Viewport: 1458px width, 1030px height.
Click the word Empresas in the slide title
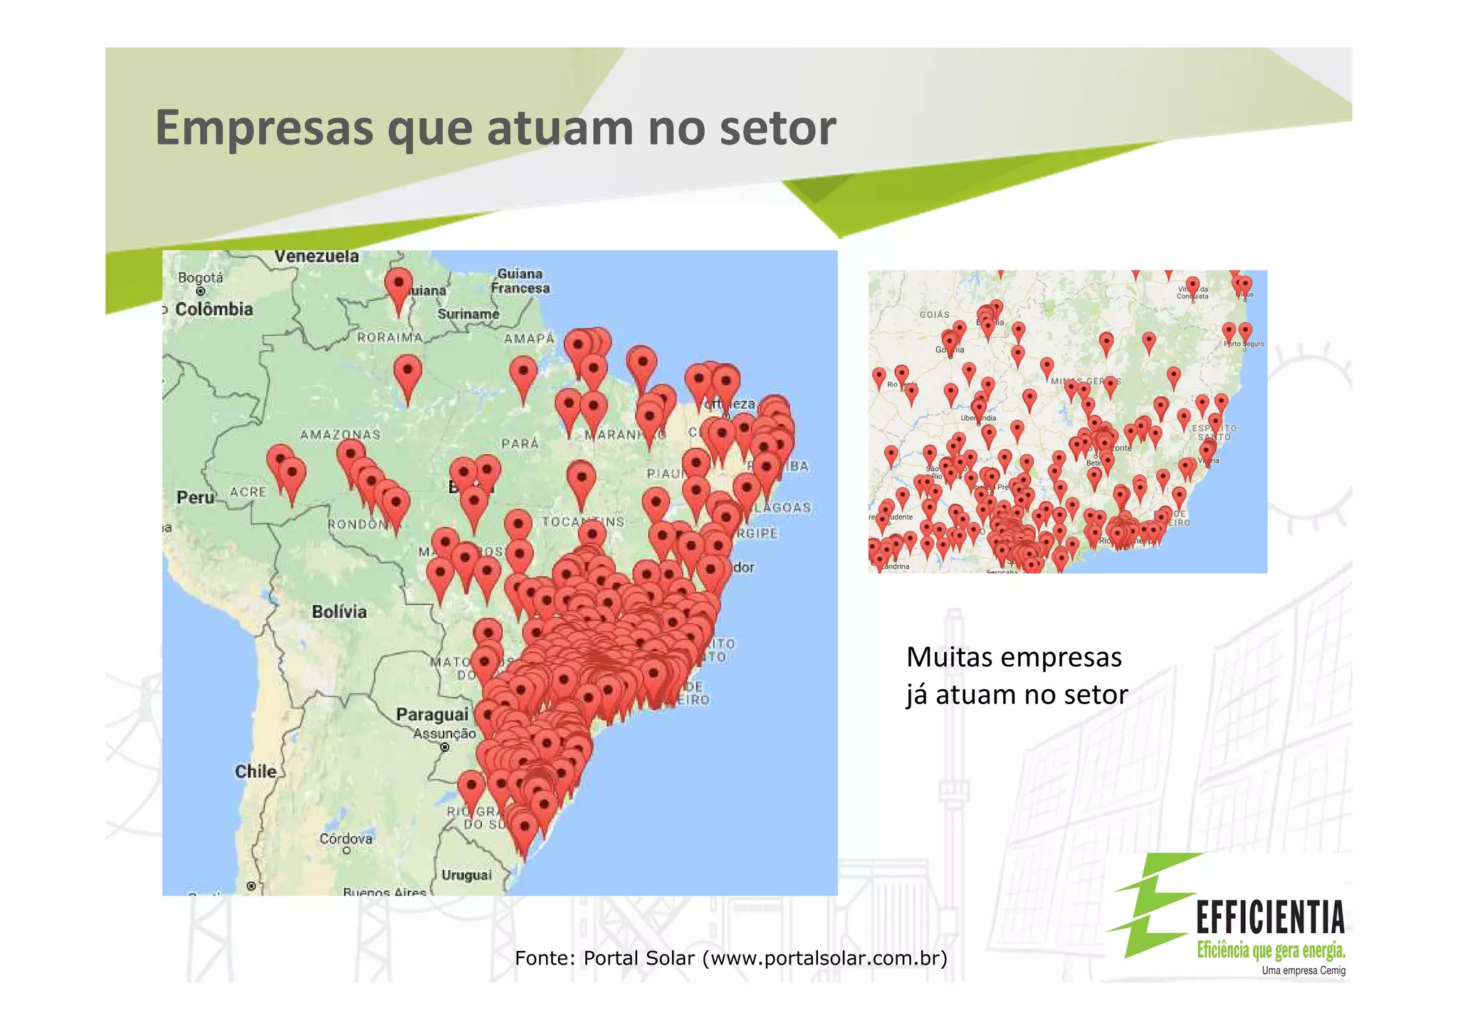pos(264,128)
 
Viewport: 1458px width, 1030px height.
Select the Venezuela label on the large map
pos(317,256)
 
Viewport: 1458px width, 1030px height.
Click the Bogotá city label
pos(200,278)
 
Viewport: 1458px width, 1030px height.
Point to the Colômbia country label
pos(214,309)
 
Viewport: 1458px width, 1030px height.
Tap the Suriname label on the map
pos(468,314)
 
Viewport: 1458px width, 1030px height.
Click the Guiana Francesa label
pos(520,281)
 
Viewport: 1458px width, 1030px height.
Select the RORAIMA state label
pos(390,337)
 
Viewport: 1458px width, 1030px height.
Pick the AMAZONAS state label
pos(340,434)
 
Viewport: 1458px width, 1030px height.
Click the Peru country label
pos(195,498)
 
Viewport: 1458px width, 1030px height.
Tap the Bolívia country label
pos(340,611)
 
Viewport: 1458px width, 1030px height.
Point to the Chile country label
pos(256,771)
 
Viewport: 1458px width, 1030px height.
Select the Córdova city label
pos(346,839)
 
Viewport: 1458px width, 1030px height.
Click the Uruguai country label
pos(466,875)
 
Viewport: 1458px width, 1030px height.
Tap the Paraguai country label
pos(432,714)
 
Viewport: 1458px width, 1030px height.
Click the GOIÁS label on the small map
pos(934,315)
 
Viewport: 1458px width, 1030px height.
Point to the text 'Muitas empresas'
pos(1014,657)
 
